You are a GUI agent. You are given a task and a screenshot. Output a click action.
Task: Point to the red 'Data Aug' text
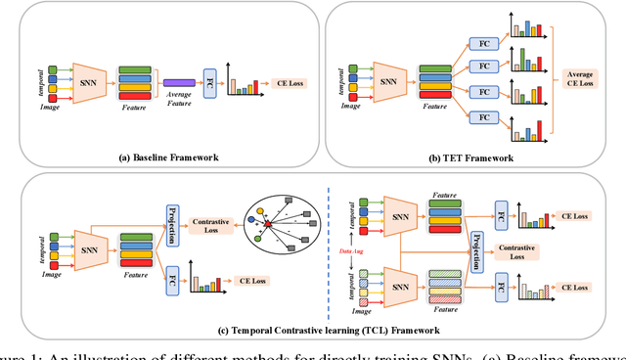pyautogui.click(x=351, y=250)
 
